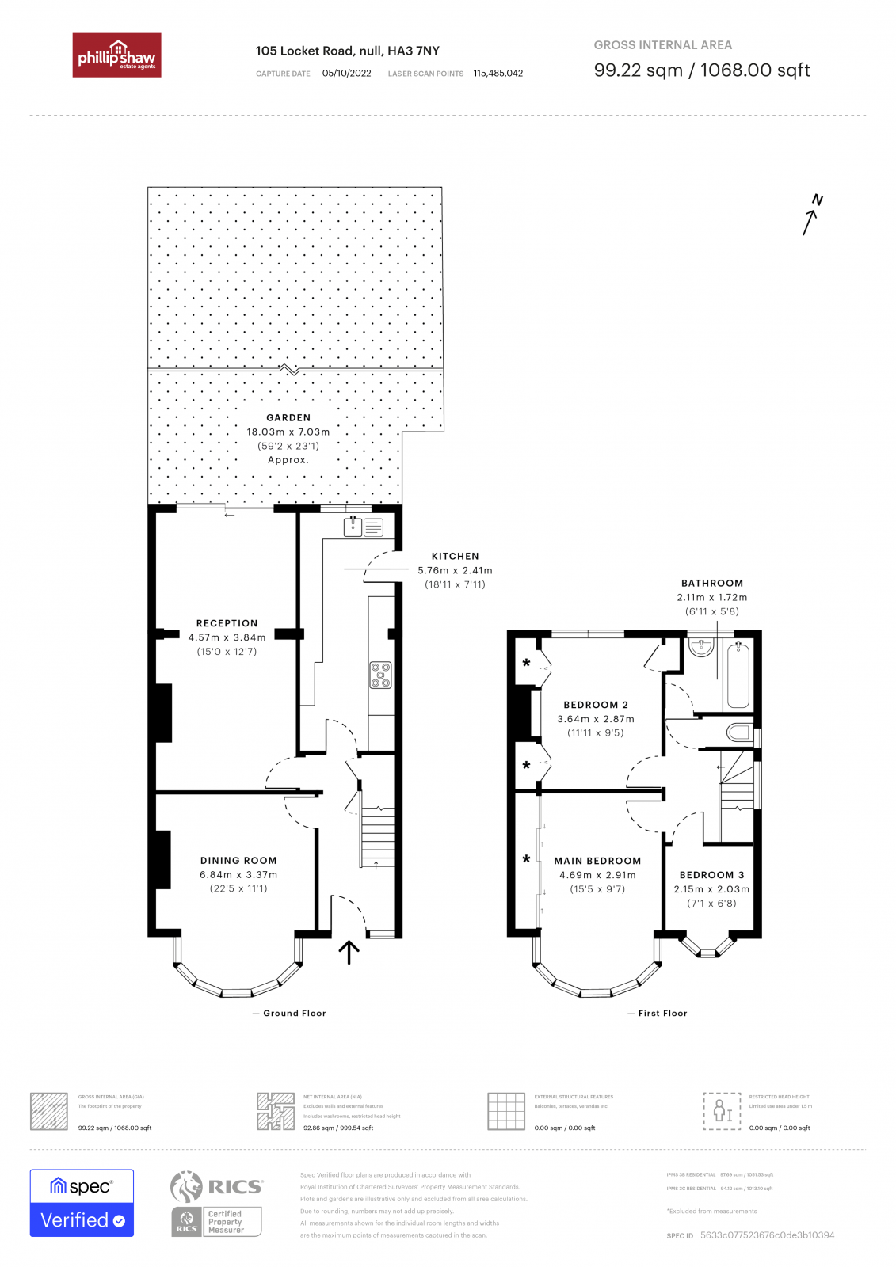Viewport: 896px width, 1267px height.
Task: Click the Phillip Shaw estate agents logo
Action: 116,55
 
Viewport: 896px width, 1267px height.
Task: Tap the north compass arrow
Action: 810,218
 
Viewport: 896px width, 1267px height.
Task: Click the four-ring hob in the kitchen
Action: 380,675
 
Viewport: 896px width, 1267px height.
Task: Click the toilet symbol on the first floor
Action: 739,732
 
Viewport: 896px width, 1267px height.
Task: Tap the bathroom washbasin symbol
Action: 701,647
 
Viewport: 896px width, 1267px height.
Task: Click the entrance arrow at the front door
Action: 349,951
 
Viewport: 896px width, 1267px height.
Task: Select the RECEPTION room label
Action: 227,623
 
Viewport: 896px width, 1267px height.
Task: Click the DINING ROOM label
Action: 238,860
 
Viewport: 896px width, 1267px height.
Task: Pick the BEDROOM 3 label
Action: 711,875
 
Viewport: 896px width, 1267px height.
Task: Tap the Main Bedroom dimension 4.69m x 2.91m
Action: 597,875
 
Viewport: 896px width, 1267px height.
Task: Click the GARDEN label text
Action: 288,417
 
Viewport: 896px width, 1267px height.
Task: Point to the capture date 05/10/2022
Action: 346,73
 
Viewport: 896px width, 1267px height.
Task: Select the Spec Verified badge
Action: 82,1202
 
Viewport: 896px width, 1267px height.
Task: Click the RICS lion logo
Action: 187,1186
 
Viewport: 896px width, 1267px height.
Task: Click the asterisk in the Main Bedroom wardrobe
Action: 526,859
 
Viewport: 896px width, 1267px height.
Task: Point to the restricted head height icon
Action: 722,1110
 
